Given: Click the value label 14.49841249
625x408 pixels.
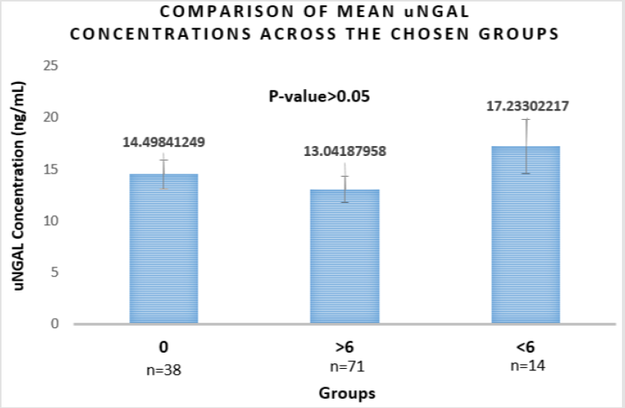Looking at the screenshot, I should pyautogui.click(x=164, y=141).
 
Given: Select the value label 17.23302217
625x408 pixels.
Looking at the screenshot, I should pyautogui.click(x=526, y=107).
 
